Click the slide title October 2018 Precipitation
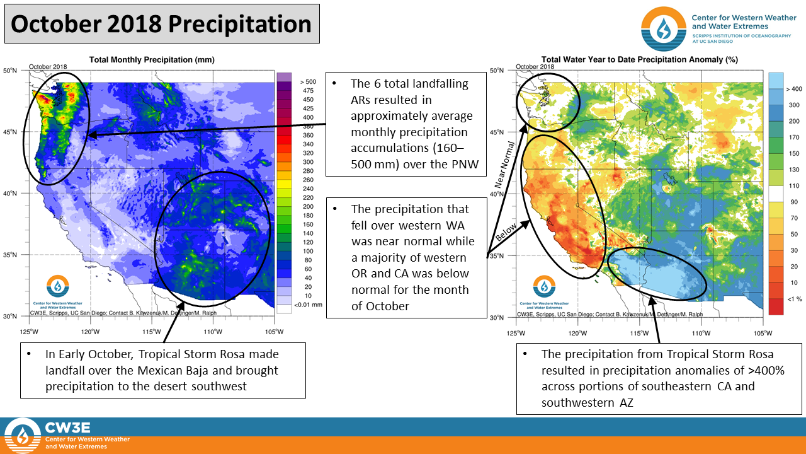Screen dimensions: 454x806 pyautogui.click(x=162, y=25)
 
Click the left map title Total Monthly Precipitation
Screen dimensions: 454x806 pyautogui.click(x=152, y=59)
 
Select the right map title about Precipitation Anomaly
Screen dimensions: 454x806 pyautogui.click(x=640, y=59)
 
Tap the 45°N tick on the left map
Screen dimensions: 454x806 pyautogui.click(x=10, y=132)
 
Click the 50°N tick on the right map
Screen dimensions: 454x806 pyautogui.click(x=499, y=71)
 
